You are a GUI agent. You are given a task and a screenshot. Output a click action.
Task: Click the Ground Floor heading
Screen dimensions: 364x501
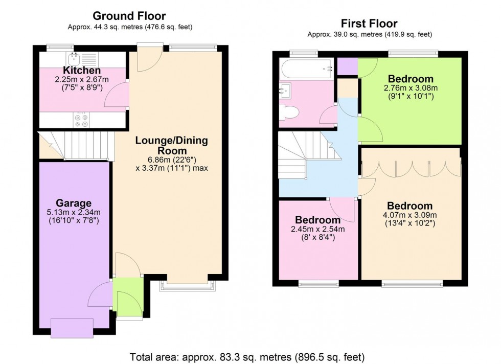pos(130,16)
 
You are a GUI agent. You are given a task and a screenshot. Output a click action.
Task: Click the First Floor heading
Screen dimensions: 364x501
pos(369,24)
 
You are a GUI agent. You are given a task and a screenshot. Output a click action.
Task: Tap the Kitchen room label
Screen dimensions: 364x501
pos(82,70)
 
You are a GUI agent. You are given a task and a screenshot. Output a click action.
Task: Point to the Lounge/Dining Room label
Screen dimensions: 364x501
pos(165,145)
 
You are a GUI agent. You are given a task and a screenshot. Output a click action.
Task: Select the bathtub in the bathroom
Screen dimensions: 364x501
pos(305,67)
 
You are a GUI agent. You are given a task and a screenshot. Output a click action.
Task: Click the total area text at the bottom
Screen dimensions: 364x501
pos(247,356)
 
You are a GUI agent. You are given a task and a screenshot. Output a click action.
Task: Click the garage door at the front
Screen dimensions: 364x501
pos(72,328)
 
